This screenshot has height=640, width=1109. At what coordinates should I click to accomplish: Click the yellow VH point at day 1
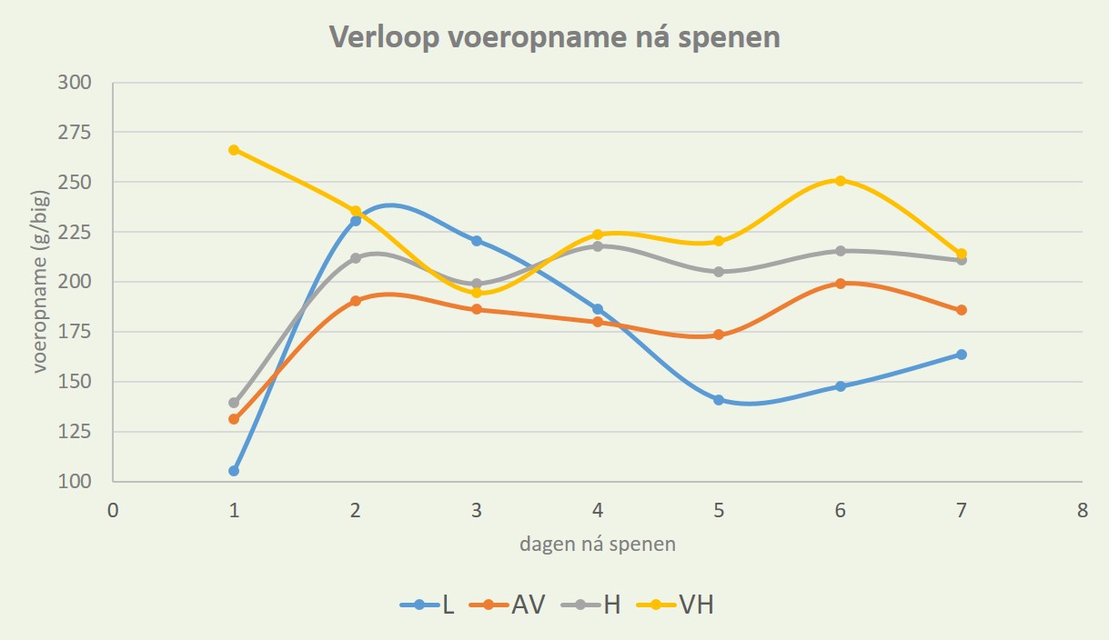[x=234, y=150]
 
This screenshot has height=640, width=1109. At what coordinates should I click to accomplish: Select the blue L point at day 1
[x=234, y=471]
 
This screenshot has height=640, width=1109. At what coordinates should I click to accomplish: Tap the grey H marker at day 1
[x=234, y=403]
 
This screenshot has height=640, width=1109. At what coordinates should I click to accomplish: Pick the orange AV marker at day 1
[x=234, y=419]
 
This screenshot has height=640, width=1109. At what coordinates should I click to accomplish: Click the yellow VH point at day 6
[x=840, y=180]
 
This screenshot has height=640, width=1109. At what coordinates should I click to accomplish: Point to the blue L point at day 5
[x=719, y=400]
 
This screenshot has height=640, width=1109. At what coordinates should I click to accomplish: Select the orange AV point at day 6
[x=840, y=284]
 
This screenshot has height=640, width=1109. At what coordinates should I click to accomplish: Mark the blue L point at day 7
[x=961, y=355]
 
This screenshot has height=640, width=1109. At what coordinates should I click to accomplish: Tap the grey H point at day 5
[x=719, y=272]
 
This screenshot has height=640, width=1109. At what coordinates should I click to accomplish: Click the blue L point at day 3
[x=476, y=241]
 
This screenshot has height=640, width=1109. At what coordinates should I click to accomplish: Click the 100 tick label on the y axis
[x=76, y=482]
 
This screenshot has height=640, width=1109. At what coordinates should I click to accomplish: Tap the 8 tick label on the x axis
[x=1082, y=511]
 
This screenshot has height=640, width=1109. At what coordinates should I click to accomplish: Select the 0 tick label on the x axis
[x=113, y=511]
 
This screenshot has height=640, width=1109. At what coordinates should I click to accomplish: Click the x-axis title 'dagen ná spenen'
[x=598, y=545]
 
